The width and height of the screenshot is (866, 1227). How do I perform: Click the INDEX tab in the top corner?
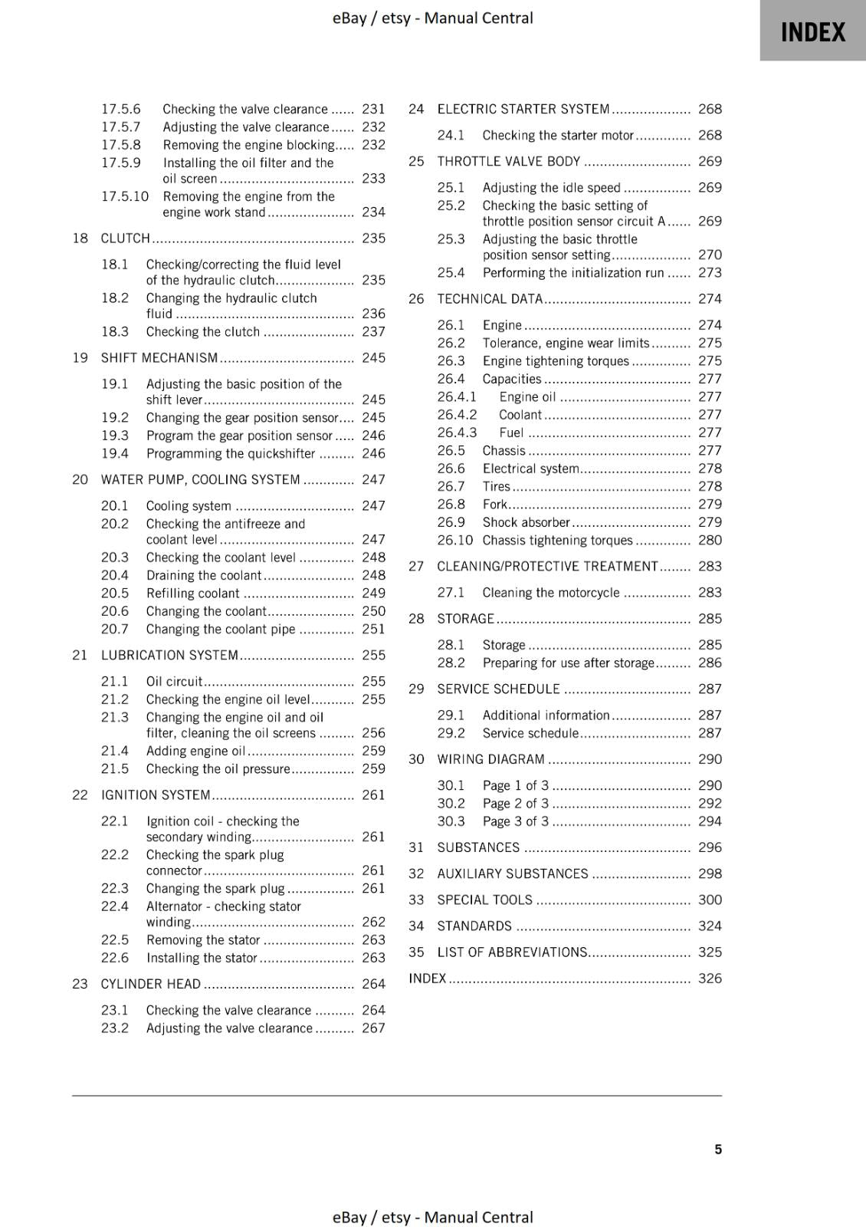pos(812,32)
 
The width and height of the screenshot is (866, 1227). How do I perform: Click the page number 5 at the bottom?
pos(718,1149)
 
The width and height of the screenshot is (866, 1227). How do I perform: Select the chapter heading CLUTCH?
pos(126,238)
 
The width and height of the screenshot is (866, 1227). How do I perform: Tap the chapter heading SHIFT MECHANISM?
pos(159,358)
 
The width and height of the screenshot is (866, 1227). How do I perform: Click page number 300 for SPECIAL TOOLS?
pos(710,900)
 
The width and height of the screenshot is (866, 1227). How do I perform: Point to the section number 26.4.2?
pos(457,415)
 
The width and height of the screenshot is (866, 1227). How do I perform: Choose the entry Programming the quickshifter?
pos(231,454)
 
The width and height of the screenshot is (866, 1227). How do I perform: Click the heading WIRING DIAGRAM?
pos(490,759)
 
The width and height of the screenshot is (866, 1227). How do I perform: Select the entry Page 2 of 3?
pos(516,804)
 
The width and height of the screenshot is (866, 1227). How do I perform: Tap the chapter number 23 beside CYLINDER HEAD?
pos(80,984)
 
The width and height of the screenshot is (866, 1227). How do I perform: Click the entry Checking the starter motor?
pos(558,136)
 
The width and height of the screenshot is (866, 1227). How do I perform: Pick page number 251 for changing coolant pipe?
pos(373,629)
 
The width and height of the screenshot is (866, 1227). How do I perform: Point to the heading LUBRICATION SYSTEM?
pos(169,656)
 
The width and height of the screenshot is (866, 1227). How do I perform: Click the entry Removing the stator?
pos(203,940)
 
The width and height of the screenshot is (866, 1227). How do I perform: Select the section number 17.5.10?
pos(125,196)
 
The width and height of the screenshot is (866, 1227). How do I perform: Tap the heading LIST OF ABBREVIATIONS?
pos(512,952)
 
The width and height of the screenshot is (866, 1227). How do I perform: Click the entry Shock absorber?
pos(526,522)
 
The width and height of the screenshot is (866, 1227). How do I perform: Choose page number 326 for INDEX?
pos(710,979)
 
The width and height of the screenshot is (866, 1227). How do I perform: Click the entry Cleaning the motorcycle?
pos(551,593)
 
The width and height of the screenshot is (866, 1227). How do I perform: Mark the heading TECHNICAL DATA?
pos(490,299)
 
